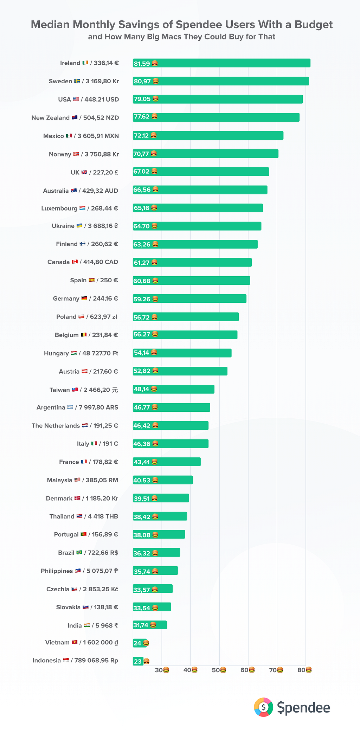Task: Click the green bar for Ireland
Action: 221,63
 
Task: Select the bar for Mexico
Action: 208,135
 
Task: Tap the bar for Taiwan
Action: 174,389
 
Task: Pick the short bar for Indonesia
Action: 138,661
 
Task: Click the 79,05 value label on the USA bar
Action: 142,99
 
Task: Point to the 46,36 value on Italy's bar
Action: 142,444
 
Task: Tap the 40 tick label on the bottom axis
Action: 187,670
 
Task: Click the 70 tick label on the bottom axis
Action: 273,670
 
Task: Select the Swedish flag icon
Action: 77,81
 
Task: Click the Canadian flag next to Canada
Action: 75,262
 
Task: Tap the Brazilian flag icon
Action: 79,552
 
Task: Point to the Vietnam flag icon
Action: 75,642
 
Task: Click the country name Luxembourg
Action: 59,208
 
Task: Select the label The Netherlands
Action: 56,426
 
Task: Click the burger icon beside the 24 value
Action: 146,643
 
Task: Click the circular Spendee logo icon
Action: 263,707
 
